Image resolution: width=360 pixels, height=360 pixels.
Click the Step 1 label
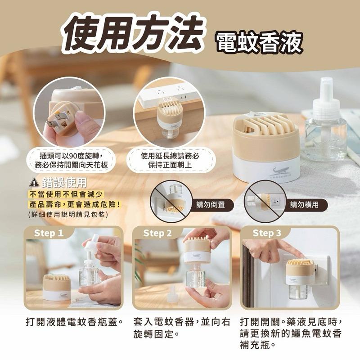tap(49, 233)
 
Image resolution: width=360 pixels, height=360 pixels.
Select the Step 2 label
tap(157, 233)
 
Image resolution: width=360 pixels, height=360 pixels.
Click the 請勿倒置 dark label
tap(211, 205)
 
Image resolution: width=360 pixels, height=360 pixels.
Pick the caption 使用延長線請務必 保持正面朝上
tap(170, 160)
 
